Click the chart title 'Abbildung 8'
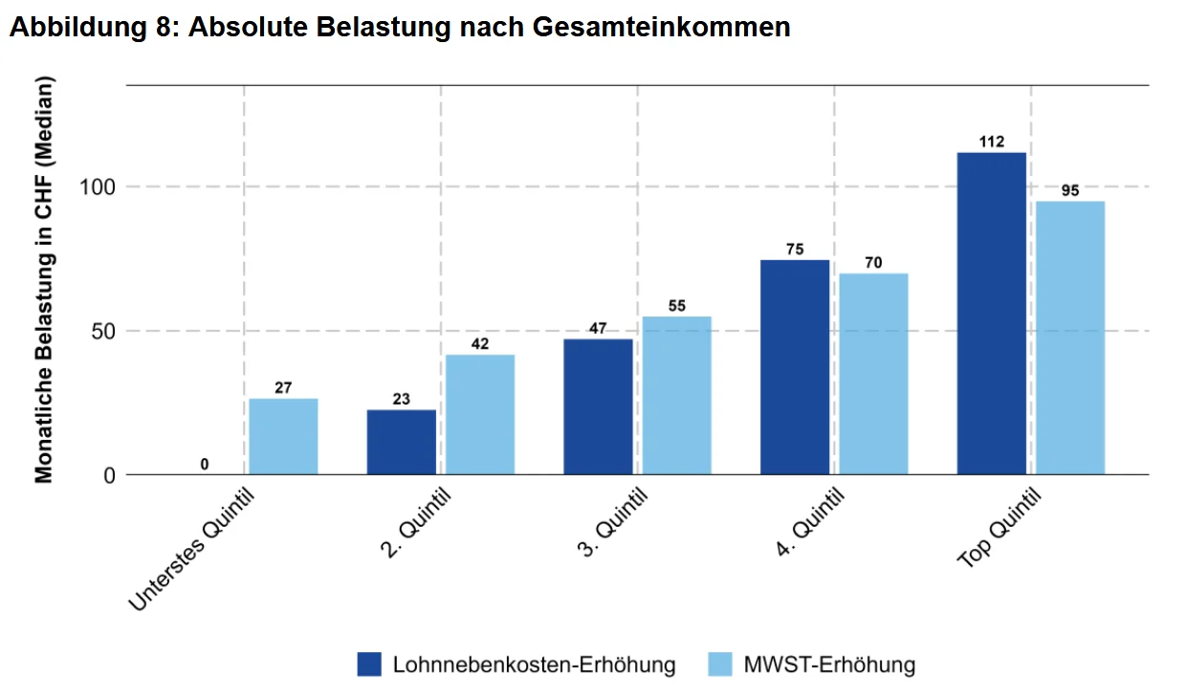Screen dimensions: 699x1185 [400, 27]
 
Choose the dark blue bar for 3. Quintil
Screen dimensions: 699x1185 [598, 406]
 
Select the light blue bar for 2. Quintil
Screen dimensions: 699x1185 [480, 414]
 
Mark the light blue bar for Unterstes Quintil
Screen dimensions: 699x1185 [283, 436]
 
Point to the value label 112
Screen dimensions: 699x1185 [992, 142]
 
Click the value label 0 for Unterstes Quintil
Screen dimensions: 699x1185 [205, 465]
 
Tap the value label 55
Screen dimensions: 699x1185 [676, 306]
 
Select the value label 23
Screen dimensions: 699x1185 [402, 399]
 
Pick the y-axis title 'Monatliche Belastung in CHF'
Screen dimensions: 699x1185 [44, 278]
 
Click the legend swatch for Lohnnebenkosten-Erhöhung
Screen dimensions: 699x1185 [369, 665]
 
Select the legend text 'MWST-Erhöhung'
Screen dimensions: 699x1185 [829, 665]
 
